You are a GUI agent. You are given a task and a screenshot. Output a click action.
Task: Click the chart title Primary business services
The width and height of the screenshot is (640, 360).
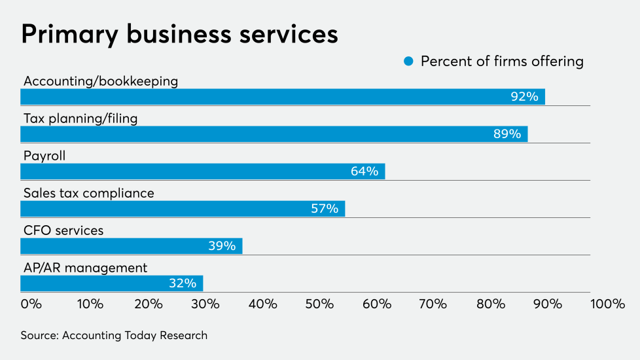179,34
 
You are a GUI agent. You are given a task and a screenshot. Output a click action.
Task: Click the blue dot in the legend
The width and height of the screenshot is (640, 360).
409,62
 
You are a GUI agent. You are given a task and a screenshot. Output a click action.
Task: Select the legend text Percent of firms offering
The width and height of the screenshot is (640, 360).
502,62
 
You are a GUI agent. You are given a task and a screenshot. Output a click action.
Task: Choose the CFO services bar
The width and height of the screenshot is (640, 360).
131,246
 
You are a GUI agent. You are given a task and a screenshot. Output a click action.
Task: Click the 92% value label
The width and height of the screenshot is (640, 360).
524,97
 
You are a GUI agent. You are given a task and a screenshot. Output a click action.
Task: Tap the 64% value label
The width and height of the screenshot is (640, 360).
364,171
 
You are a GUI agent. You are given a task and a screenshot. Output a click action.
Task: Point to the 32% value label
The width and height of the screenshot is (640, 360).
182,283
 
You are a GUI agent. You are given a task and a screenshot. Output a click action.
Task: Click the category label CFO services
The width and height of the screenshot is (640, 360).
63,230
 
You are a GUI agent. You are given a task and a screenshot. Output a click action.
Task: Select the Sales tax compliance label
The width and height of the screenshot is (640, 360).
89,193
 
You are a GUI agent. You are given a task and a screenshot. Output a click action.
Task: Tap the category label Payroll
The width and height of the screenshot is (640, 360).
44,156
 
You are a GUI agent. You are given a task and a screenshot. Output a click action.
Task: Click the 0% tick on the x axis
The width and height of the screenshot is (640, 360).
31,304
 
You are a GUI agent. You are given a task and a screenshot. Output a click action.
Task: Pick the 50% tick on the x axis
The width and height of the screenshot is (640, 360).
319,304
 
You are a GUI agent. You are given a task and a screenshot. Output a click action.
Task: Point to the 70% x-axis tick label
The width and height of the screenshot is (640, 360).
433,304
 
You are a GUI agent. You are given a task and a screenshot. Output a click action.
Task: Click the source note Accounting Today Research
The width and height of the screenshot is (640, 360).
114,335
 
